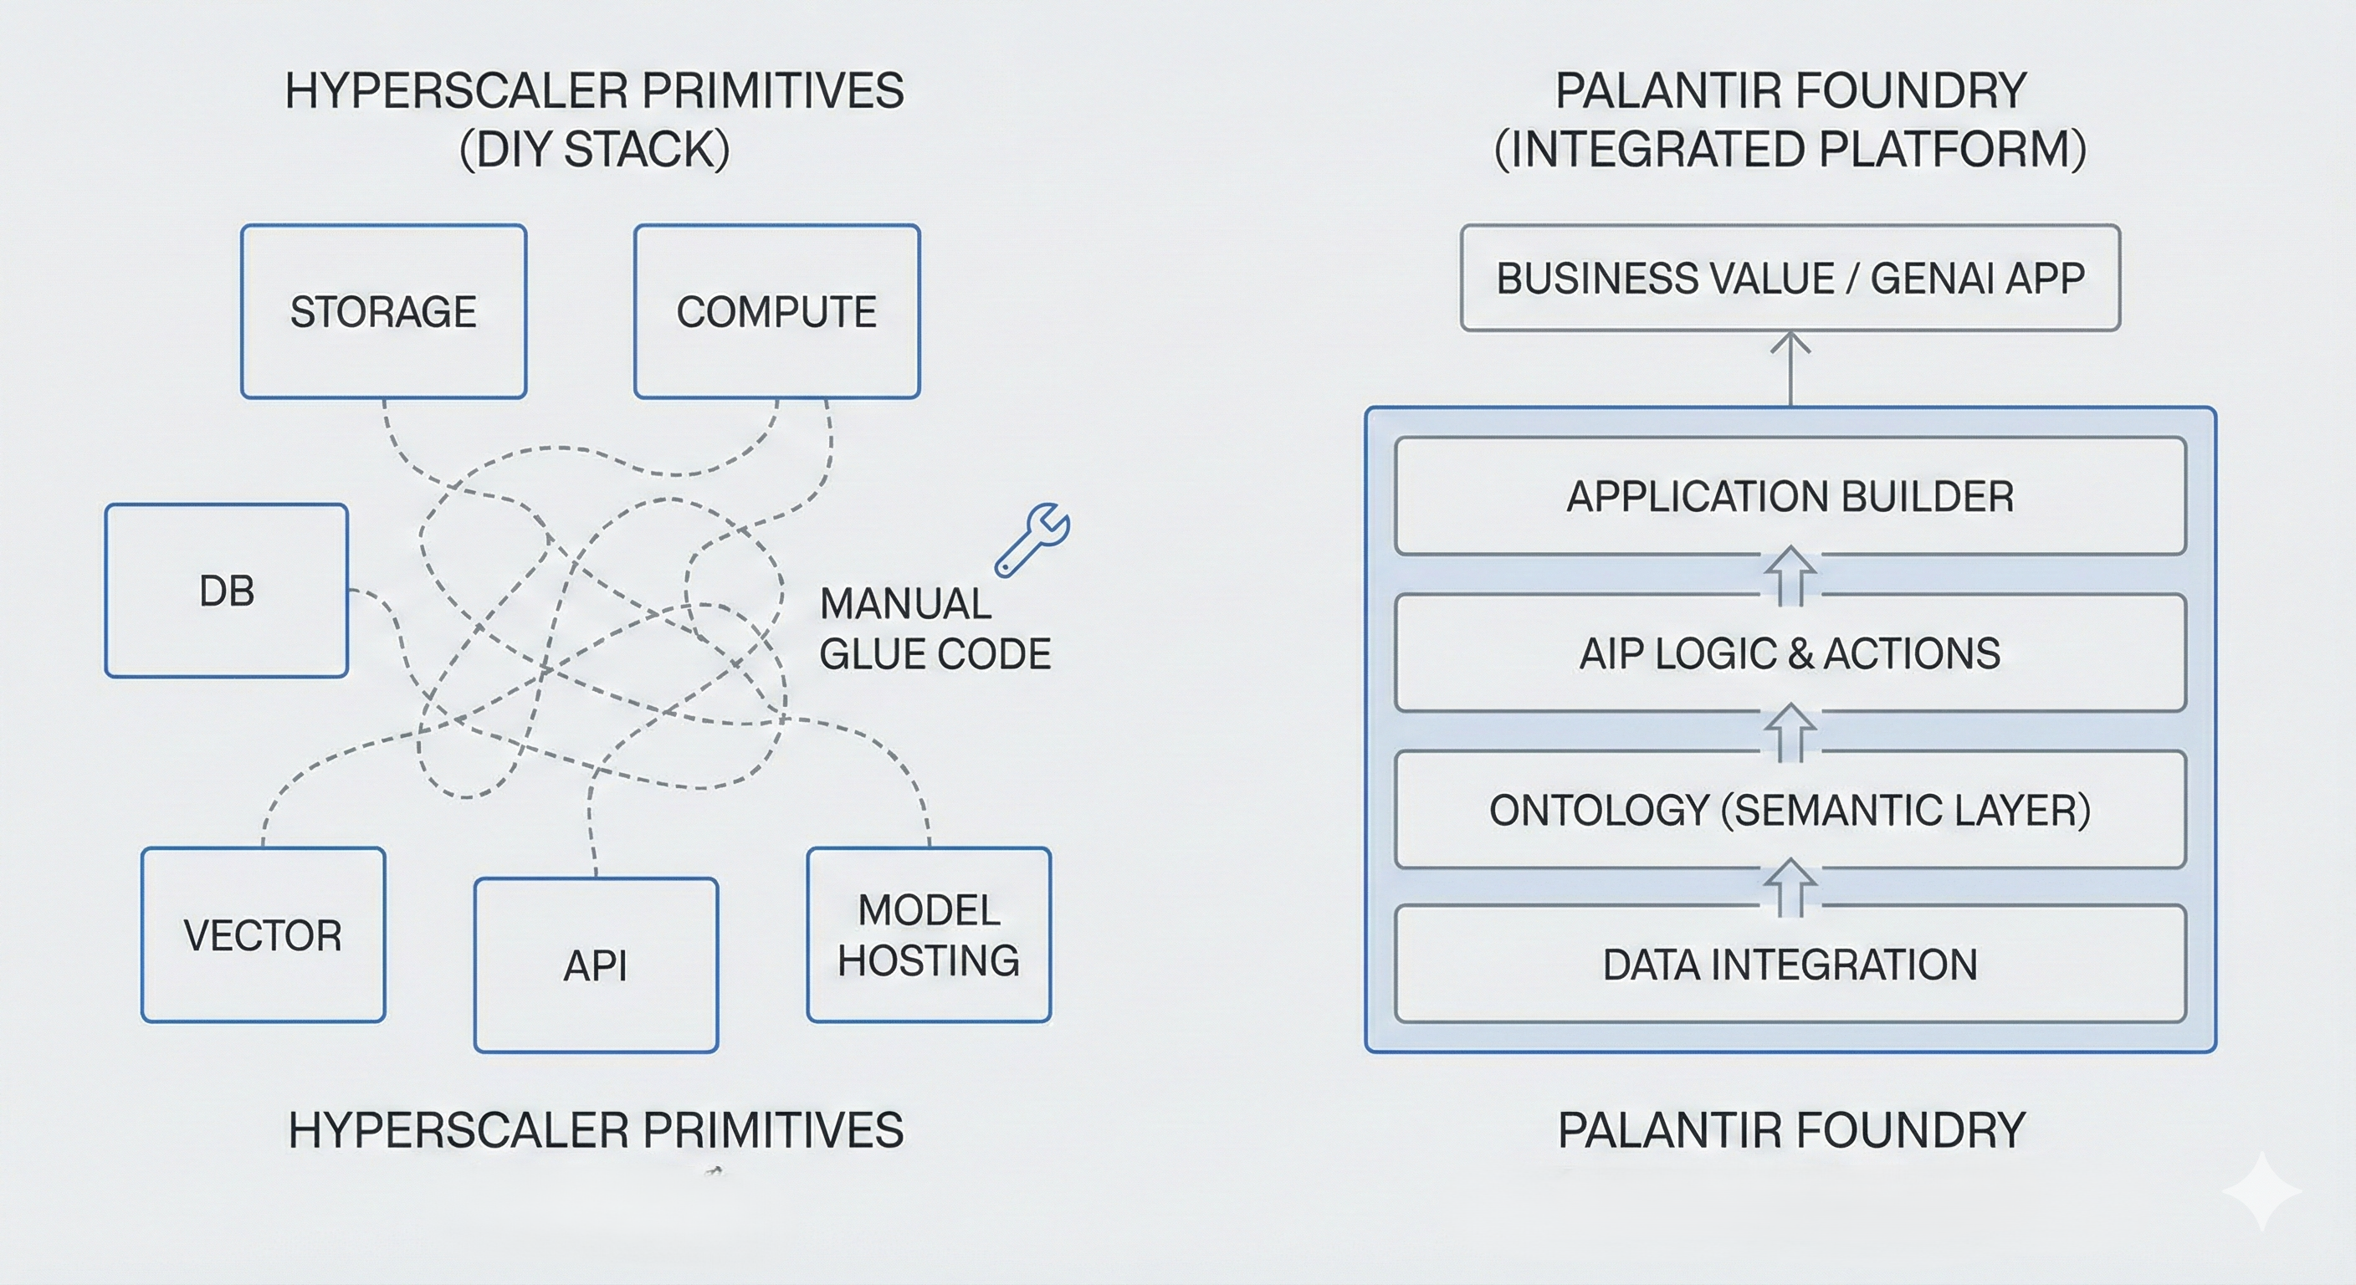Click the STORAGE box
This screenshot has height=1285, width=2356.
[x=383, y=312]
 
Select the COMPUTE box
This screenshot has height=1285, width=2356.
[x=776, y=312]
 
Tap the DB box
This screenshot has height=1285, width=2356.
[x=226, y=591]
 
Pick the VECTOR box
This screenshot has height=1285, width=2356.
[x=263, y=934]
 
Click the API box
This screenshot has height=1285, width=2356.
[x=596, y=965]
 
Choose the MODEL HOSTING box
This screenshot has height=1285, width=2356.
[x=929, y=934]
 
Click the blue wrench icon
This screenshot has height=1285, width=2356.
[x=1033, y=540]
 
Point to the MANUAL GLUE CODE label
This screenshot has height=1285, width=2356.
[x=934, y=629]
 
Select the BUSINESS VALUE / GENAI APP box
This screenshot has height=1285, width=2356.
[x=1790, y=278]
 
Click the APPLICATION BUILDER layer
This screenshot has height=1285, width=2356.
[x=1790, y=497]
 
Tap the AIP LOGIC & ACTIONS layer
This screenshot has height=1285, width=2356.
[x=1790, y=653]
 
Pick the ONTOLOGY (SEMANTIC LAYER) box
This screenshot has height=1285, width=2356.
[x=1790, y=811]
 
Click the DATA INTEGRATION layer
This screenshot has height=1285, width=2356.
[x=1790, y=965]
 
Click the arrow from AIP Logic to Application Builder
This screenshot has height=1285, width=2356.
[x=1790, y=576]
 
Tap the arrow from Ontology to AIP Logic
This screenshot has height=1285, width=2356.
[x=1790, y=732]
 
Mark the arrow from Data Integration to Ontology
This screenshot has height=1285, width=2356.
[x=1790, y=887]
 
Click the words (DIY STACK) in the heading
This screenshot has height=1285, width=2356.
[x=595, y=149]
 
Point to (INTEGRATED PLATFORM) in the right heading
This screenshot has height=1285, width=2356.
[x=1790, y=149]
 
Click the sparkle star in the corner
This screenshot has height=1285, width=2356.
[x=2261, y=1190]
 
